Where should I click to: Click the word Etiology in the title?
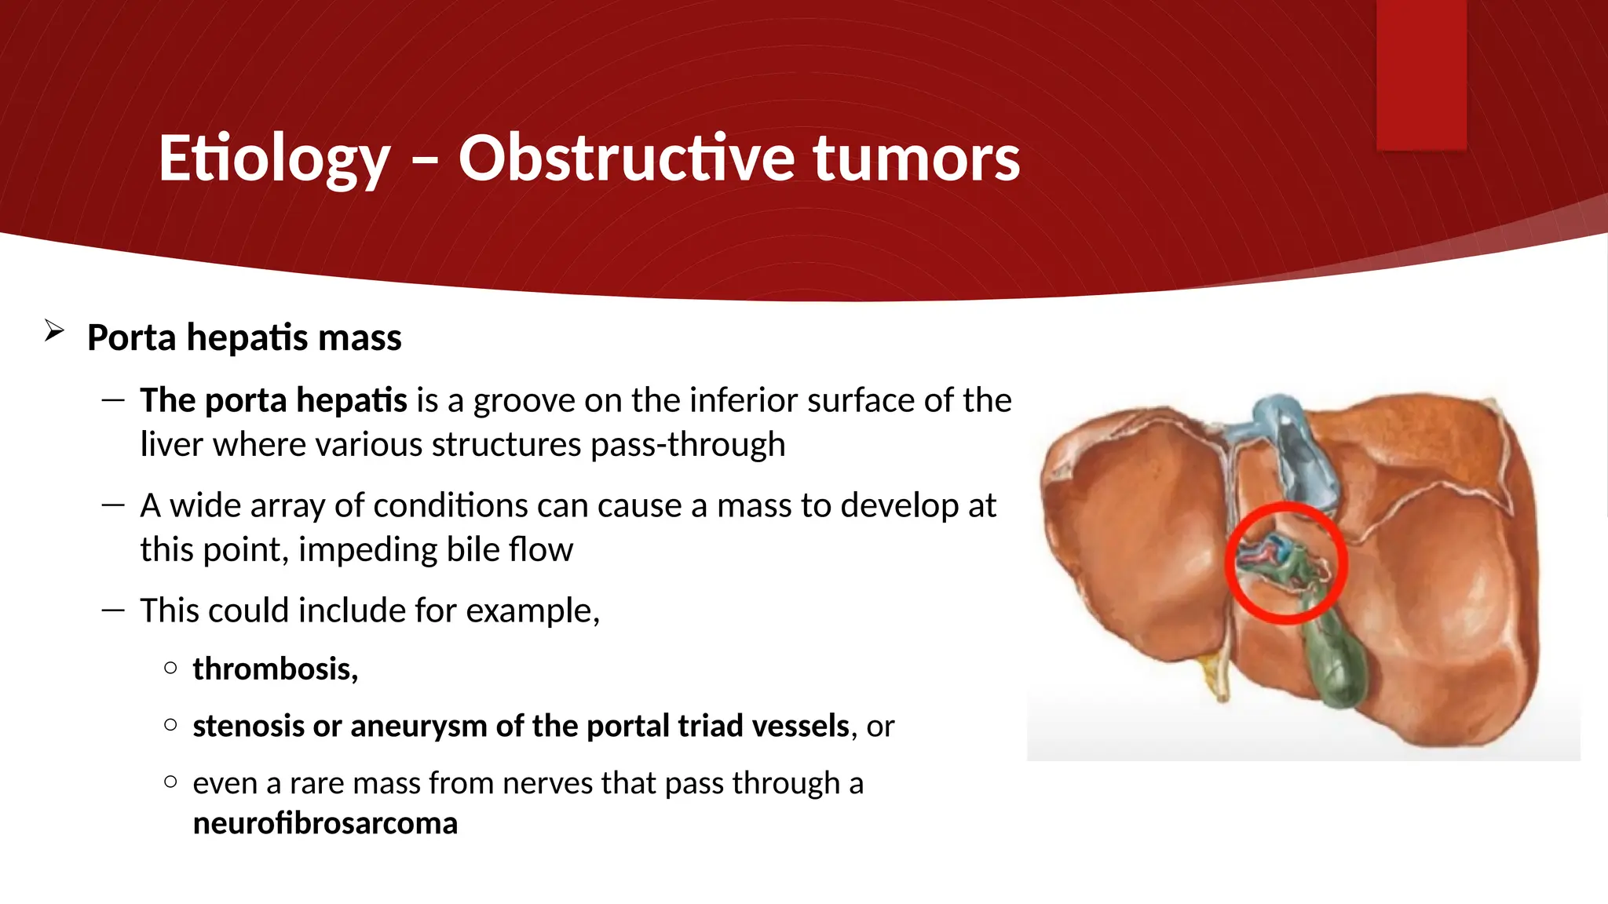pos(274,159)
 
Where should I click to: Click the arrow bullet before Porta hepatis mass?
pos(54,331)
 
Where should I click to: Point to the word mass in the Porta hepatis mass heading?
pos(360,337)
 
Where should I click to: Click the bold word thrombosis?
pos(275,669)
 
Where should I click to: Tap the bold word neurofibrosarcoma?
pos(324,824)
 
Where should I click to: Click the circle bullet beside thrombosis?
pos(170,669)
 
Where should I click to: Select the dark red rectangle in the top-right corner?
pos(1421,75)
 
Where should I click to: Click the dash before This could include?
pos(113,611)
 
